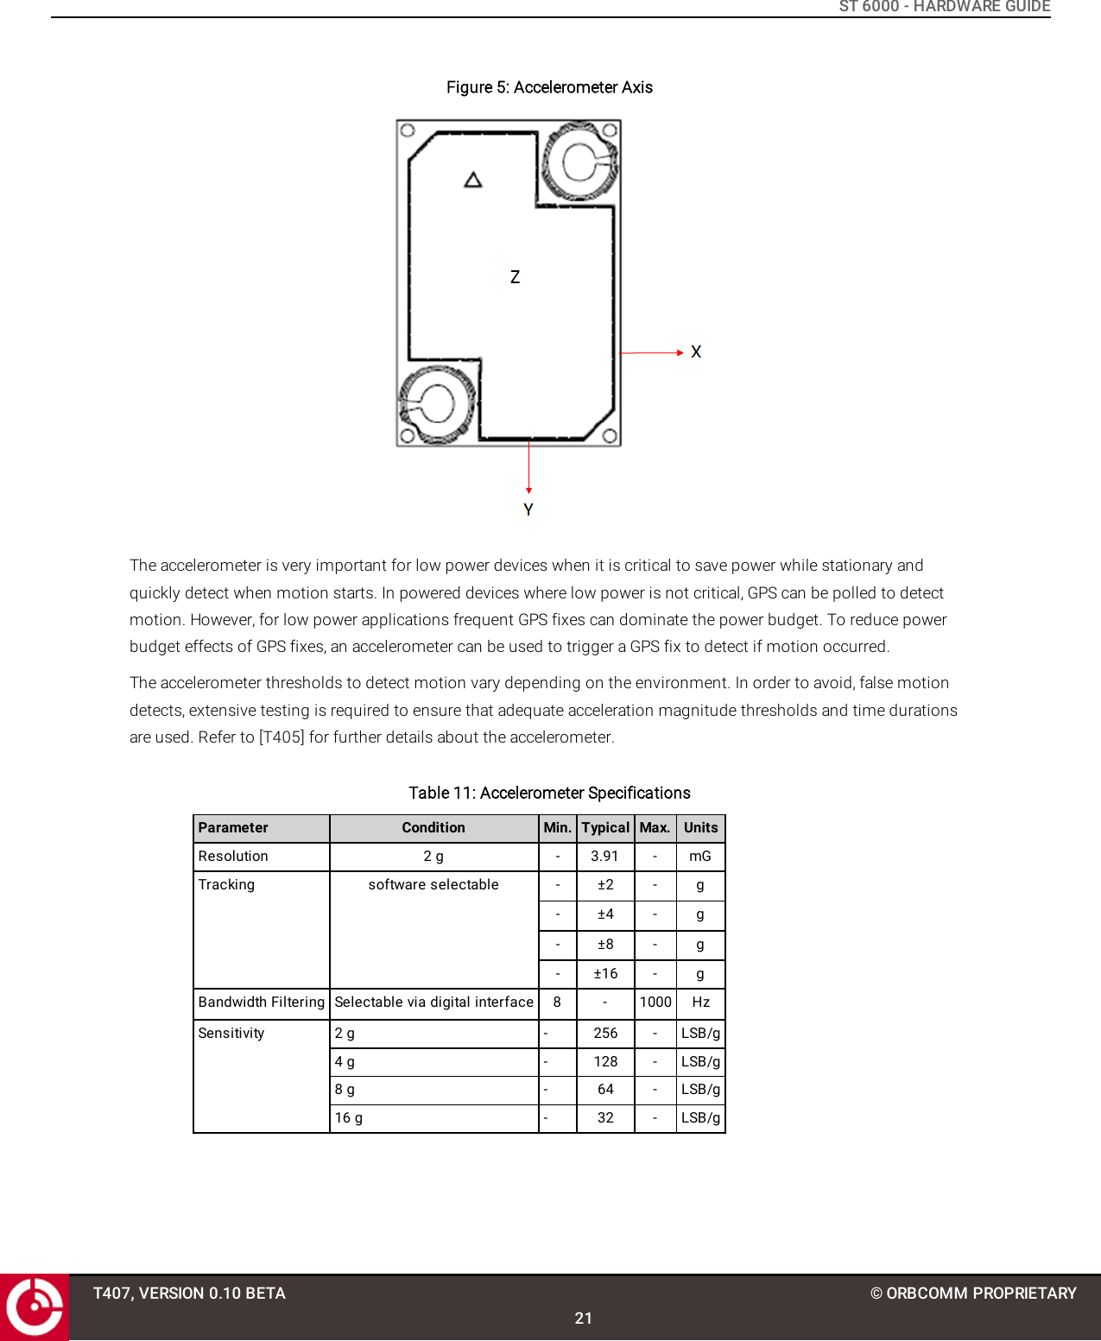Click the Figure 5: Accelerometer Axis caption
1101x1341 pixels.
click(x=549, y=87)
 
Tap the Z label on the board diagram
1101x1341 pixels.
click(x=515, y=277)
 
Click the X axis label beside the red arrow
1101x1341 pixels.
click(x=696, y=352)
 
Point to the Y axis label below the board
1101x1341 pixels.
click(x=528, y=510)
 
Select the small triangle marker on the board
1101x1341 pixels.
click(x=472, y=180)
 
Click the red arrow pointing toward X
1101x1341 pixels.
click(x=652, y=352)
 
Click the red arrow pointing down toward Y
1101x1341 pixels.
click(x=528, y=467)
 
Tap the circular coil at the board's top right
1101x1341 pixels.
click(x=580, y=161)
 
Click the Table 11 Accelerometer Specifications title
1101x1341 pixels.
click(x=549, y=793)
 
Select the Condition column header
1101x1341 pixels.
click(x=433, y=827)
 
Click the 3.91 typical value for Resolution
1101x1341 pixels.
click(x=604, y=856)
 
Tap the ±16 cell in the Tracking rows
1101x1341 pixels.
click(x=605, y=973)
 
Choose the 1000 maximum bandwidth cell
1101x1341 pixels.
click(x=655, y=1002)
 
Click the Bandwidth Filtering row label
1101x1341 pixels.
click(x=261, y=1002)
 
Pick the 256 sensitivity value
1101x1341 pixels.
click(x=605, y=1033)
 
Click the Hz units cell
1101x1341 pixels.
click(x=700, y=1002)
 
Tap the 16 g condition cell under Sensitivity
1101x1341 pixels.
click(x=349, y=1117)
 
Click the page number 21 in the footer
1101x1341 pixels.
click(x=584, y=1318)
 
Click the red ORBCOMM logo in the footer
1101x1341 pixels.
click(x=35, y=1306)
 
